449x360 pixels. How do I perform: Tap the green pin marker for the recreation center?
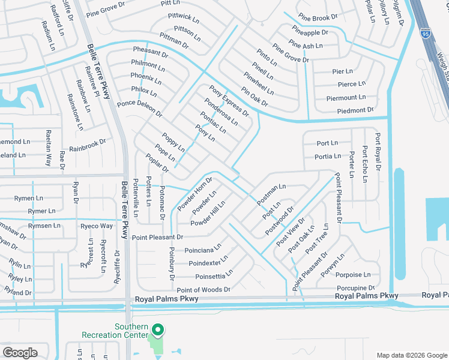pyautogui.click(x=158, y=331)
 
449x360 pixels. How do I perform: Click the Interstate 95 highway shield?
pyautogui.click(x=426, y=35)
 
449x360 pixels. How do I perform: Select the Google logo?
pyautogui.click(x=20, y=352)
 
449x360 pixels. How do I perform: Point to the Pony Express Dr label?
pyautogui.click(x=229, y=101)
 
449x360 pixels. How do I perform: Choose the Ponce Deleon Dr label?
pyautogui.click(x=140, y=108)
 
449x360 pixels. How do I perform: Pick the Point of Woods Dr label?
pyautogui.click(x=203, y=290)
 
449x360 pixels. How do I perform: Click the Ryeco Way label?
pyautogui.click(x=97, y=226)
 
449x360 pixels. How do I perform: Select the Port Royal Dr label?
pyautogui.click(x=378, y=152)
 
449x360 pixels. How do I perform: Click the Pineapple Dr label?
pyautogui.click(x=310, y=32)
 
